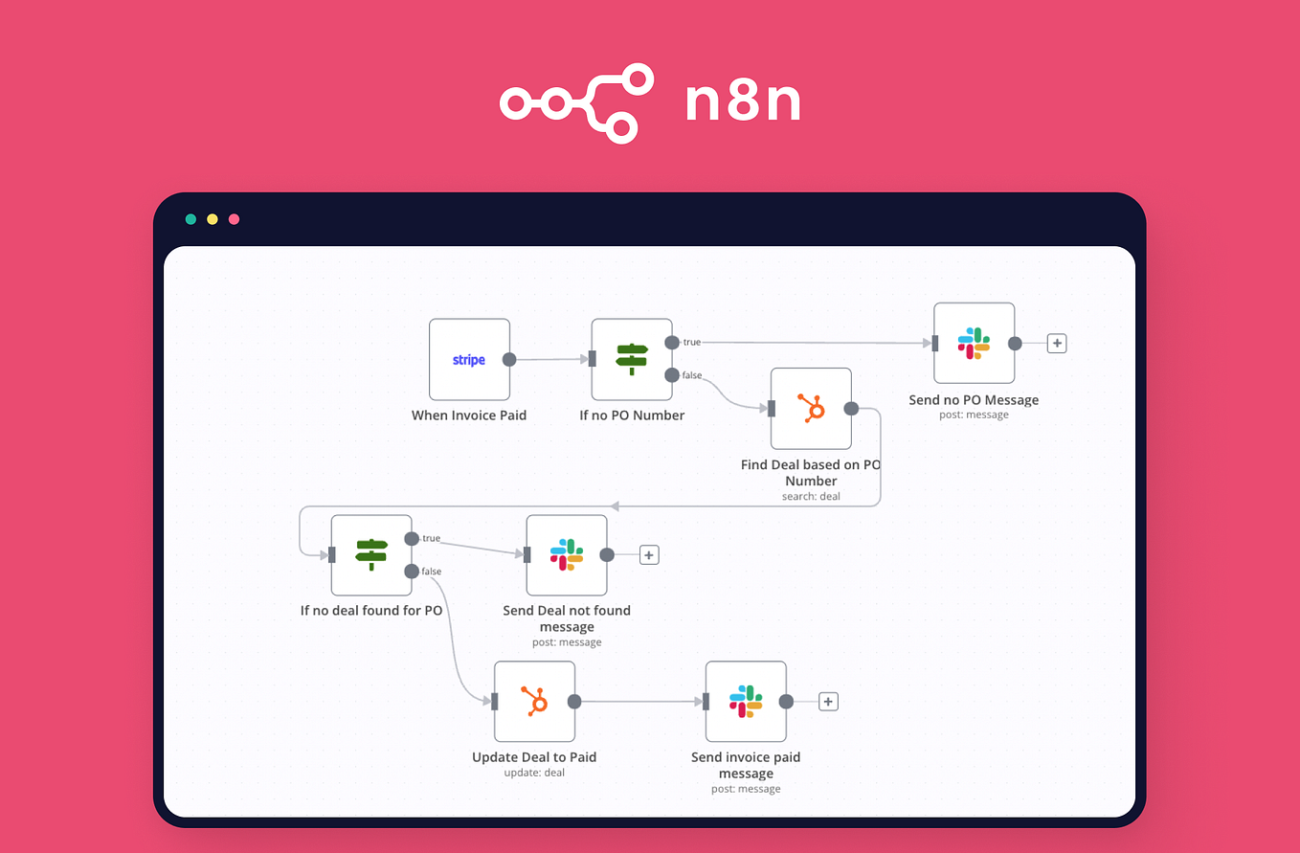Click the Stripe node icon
pos(469,360)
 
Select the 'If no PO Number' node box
pos(632,360)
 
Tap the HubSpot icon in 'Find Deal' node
pos(812,409)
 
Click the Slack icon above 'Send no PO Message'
pos(975,344)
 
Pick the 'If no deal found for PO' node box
pos(371,555)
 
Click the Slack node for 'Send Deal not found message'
pos(567,555)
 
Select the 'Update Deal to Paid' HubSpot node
pos(535,702)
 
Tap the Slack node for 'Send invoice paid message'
pos(746,702)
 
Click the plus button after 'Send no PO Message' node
pos(1057,344)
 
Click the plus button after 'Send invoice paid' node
pos(829,702)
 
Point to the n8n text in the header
pos(742,102)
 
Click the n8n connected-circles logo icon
pos(576,103)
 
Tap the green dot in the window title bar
pos(191,219)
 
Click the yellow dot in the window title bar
pos(213,219)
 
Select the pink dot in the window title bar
pos(234,219)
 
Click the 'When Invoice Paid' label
pos(469,415)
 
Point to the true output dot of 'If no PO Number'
pos(672,342)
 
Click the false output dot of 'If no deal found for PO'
pos(412,572)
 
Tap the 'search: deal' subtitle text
pos(811,497)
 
